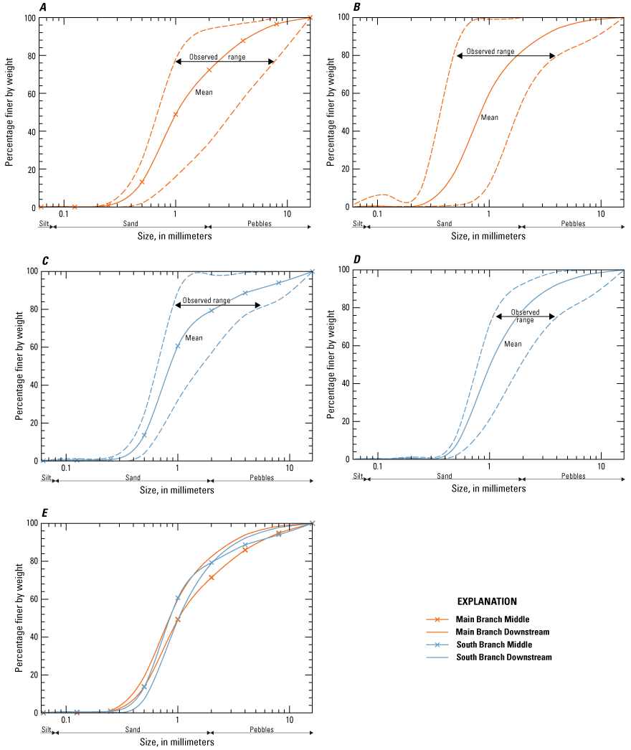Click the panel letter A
[44, 8]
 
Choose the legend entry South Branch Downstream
[504, 657]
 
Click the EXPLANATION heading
[487, 601]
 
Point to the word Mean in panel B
[489, 118]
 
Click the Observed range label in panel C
[207, 301]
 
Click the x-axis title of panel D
[488, 489]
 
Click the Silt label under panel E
[46, 730]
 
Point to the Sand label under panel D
[444, 477]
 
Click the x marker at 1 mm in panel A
[176, 115]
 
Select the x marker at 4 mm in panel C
[245, 293]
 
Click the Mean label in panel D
[513, 344]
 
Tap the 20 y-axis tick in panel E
[32, 675]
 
